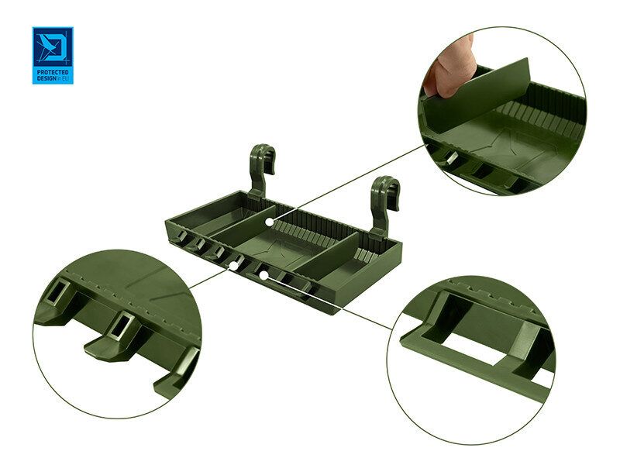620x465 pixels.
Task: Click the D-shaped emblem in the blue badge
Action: coord(53,46)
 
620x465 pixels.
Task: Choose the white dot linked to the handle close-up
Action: coord(263,274)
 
